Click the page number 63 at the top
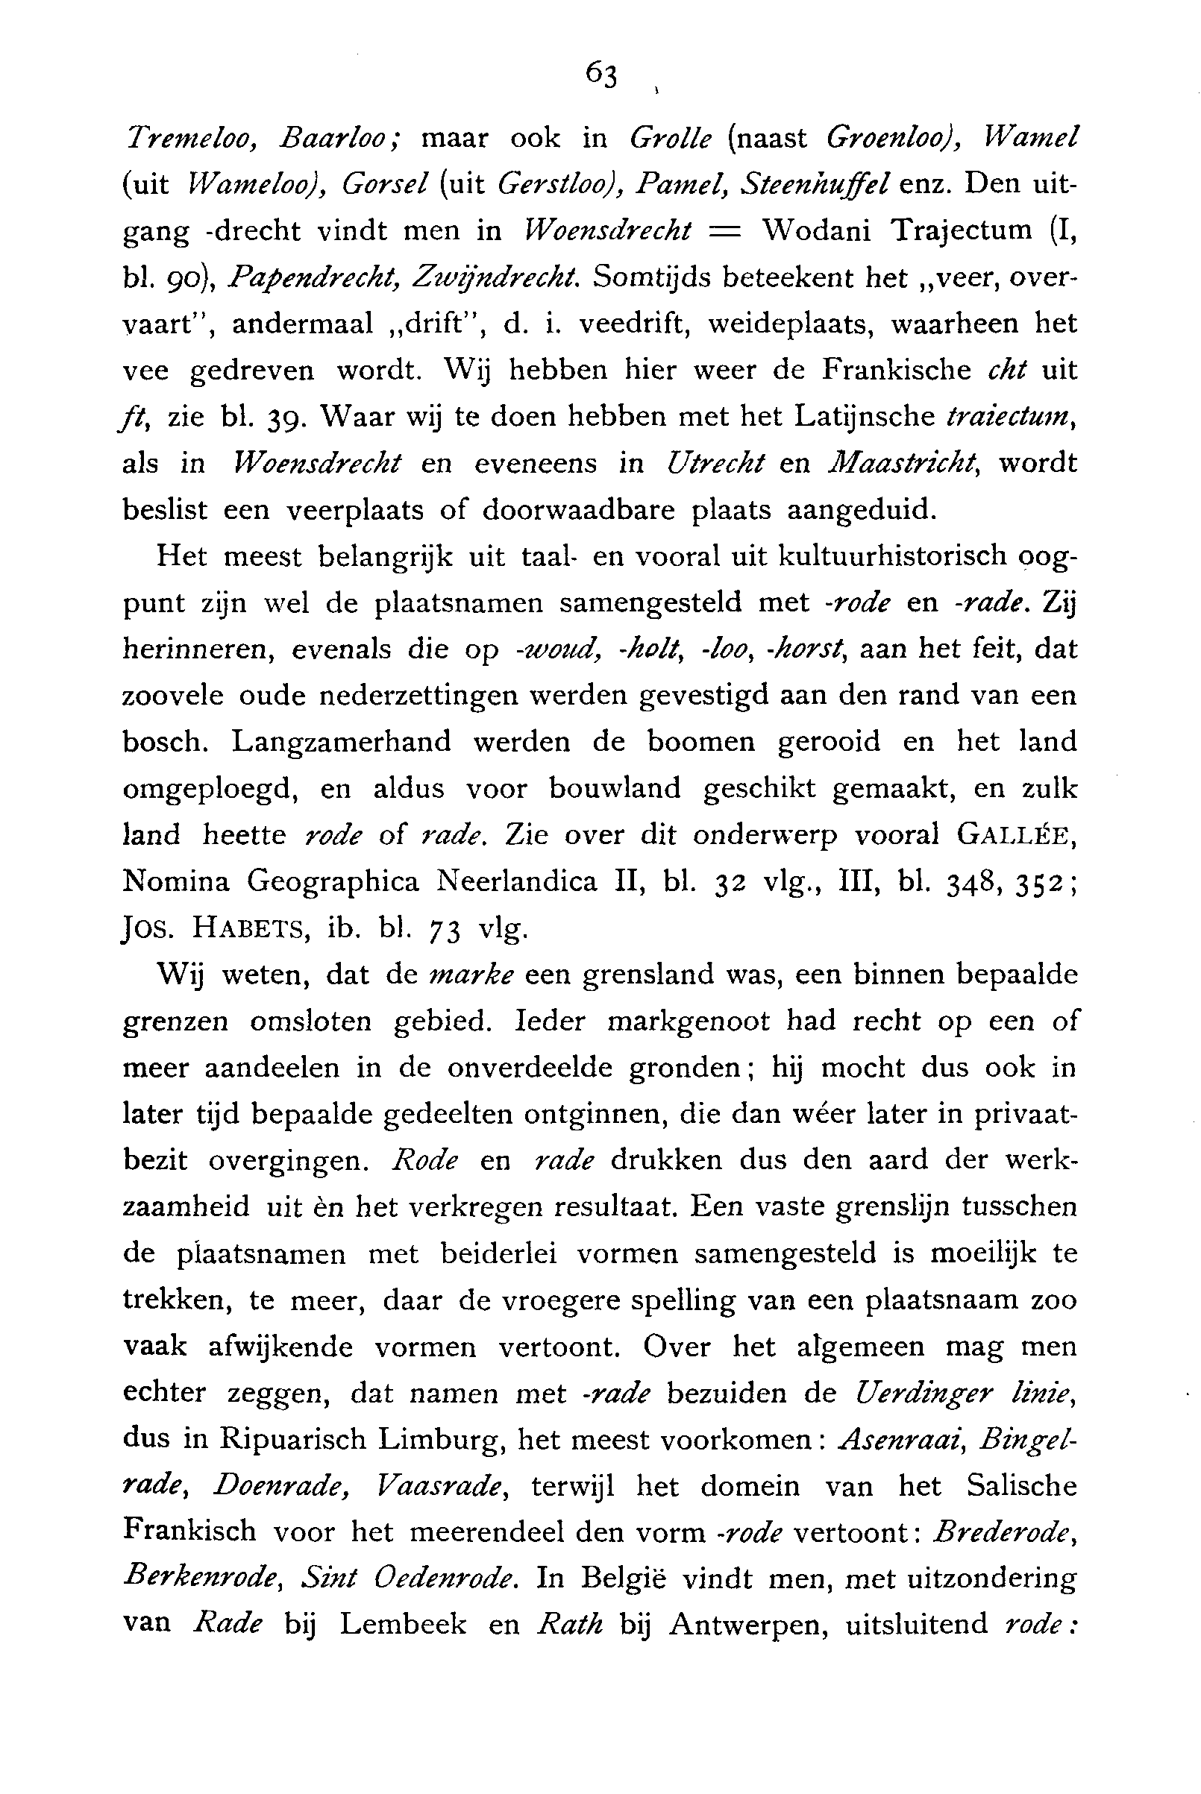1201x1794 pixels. point(601,75)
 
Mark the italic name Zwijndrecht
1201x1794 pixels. point(494,278)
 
